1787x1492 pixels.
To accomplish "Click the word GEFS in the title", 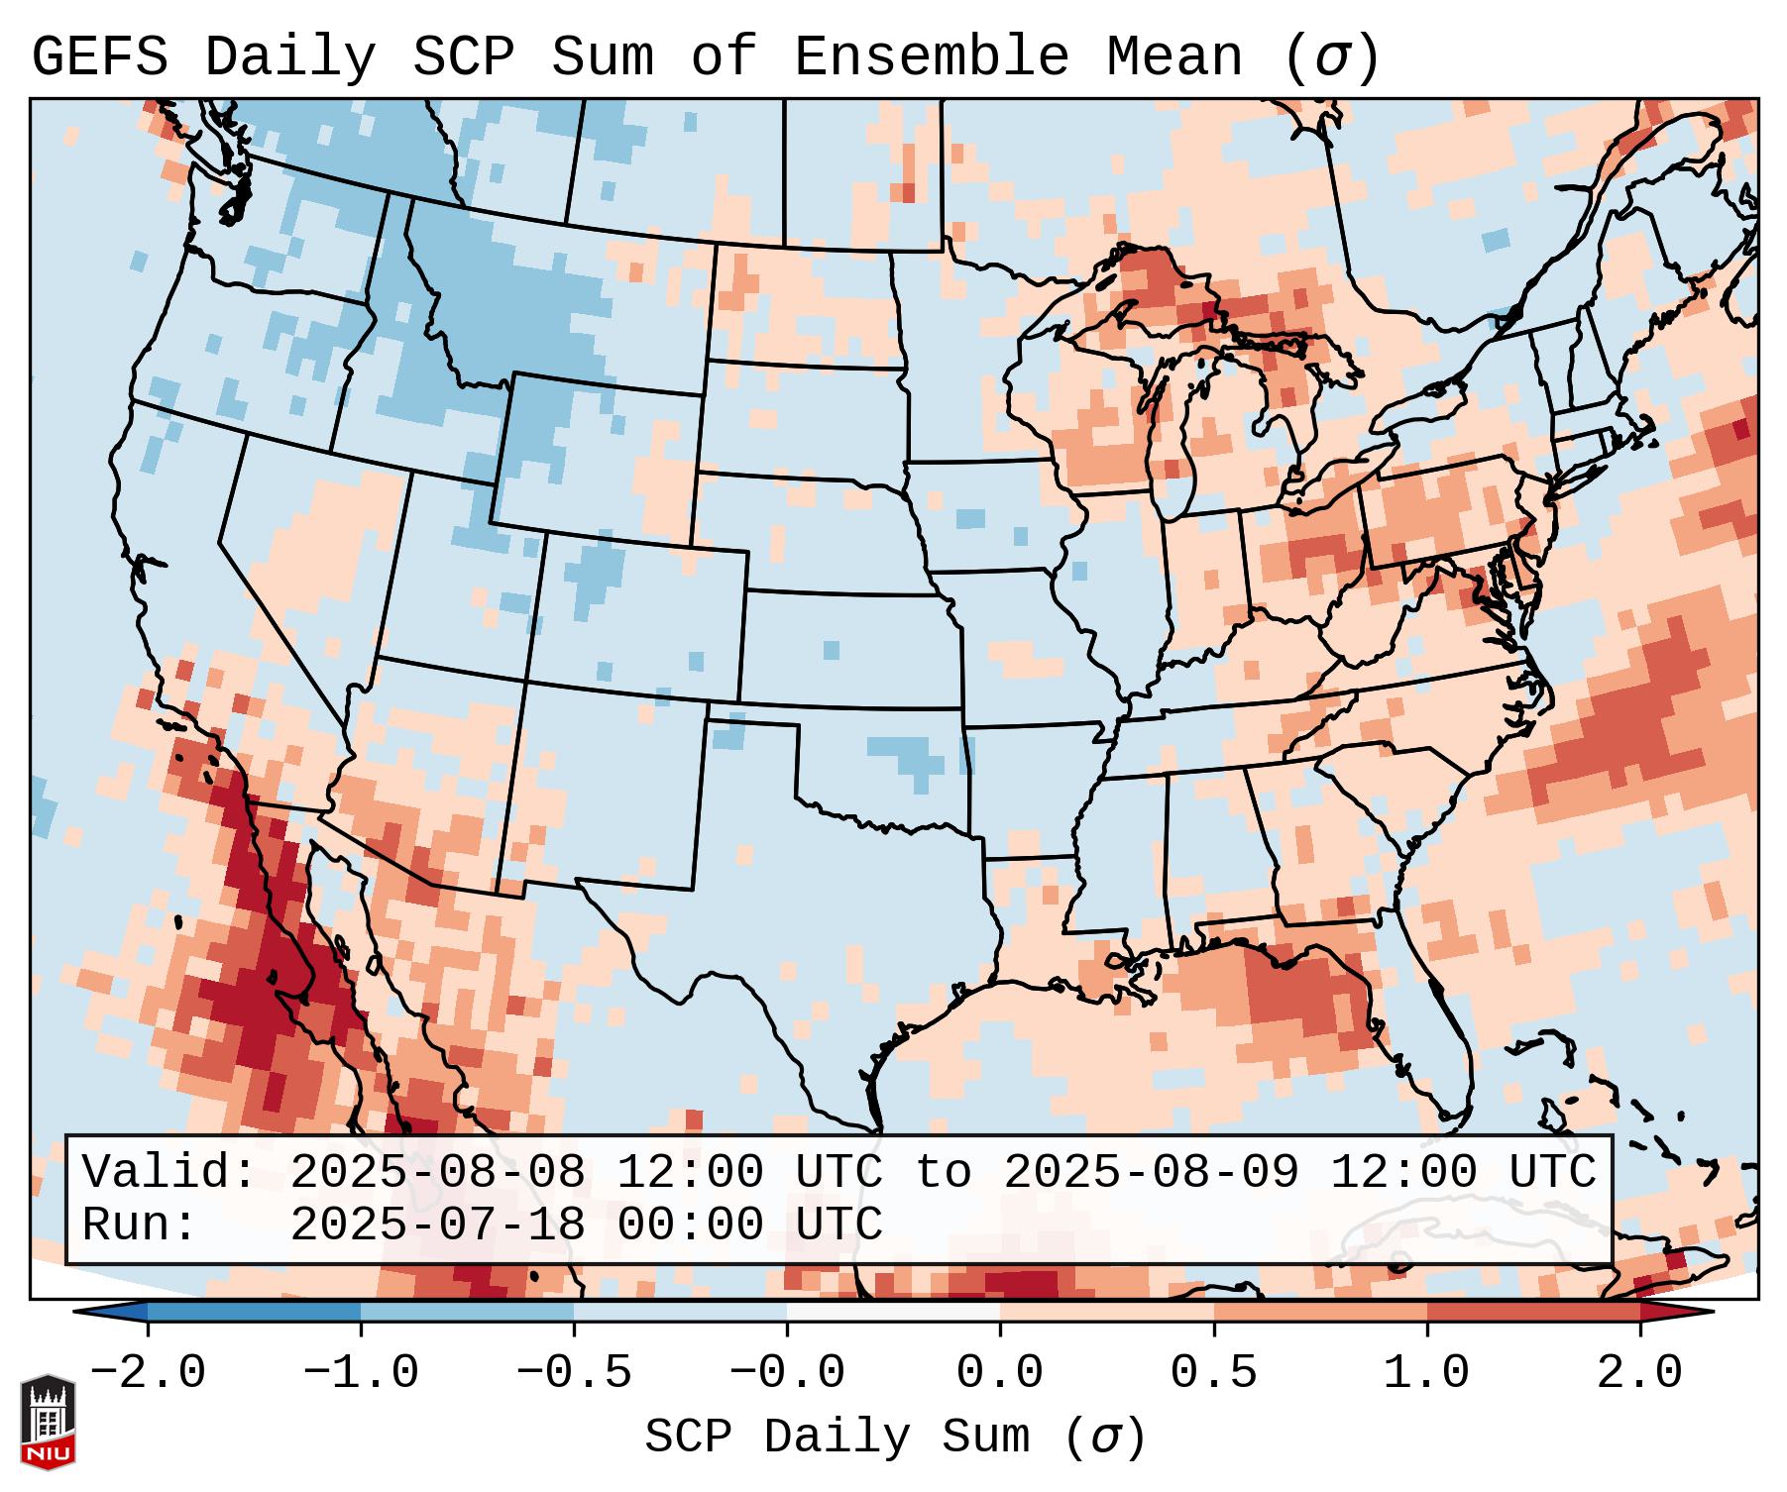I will coord(99,57).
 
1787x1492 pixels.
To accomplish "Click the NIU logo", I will coord(48,1423).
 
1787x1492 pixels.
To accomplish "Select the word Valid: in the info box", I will coord(169,1173).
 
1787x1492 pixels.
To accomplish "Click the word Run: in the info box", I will coord(140,1226).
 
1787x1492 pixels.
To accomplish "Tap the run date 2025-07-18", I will coord(437,1226).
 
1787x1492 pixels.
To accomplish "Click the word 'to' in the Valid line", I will coord(943,1173).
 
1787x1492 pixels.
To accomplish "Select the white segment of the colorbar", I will coord(893,1312).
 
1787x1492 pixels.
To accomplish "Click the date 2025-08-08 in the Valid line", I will coord(437,1173).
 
